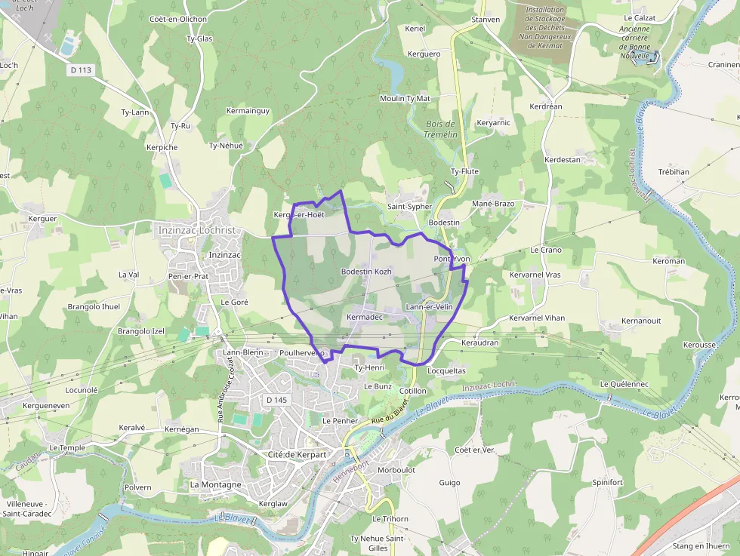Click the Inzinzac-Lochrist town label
pos(197,229)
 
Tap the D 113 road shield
pos(80,70)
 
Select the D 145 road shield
pos(277,400)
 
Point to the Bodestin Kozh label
pos(365,271)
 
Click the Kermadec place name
pos(365,318)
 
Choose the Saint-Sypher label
pos(409,206)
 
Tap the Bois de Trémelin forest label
pos(441,129)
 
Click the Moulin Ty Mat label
pos(405,98)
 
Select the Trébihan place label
pos(674,171)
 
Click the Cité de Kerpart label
pos(297,454)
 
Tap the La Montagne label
pos(216,484)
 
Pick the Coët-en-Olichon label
pos(178,19)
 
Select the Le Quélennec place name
pos(624,384)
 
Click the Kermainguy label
pos(248,111)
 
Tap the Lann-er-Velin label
pos(429,306)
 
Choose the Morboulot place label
pos(396,469)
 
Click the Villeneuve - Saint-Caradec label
pos(28,508)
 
